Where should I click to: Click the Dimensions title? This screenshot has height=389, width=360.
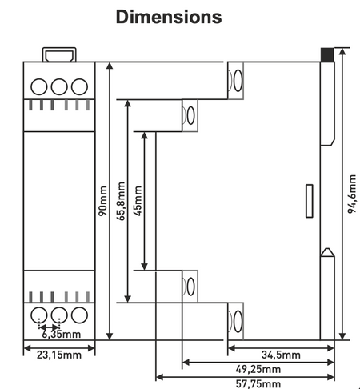pos(169,17)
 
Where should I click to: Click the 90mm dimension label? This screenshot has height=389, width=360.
pos(103,201)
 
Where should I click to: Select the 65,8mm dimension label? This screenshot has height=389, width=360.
pos(121,201)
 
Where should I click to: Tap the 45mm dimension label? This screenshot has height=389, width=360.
pos(138,201)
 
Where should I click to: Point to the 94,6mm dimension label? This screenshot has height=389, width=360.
pos(352,194)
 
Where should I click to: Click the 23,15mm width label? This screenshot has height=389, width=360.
pos(59,355)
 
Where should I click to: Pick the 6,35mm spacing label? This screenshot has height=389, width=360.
pos(62,334)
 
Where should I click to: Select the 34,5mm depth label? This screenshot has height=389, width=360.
pos(281,355)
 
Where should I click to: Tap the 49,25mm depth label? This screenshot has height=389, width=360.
pos(258,369)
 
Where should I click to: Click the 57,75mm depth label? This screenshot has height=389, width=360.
pos(258,383)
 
